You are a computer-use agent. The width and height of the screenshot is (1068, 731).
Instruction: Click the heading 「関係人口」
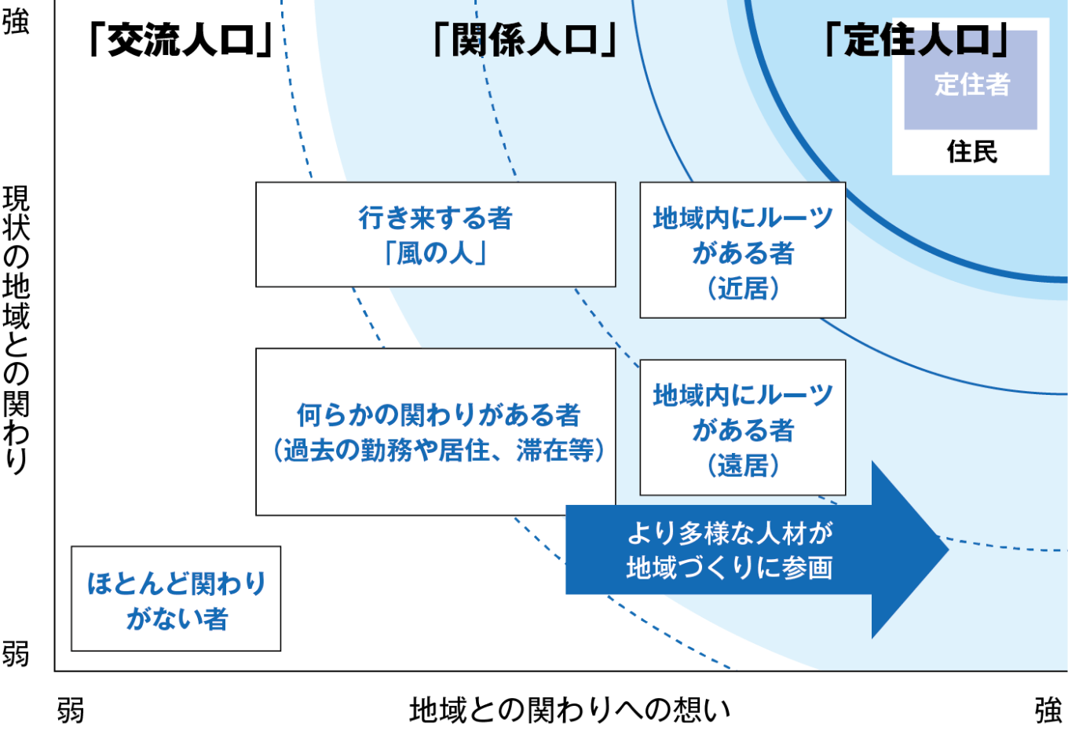(x=525, y=40)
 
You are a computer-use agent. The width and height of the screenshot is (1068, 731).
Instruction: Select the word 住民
(x=971, y=152)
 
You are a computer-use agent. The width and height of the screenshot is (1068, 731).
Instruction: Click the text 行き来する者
(x=435, y=217)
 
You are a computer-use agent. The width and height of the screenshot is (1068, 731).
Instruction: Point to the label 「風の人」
(x=435, y=254)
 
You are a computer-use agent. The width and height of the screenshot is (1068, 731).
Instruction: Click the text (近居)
(x=743, y=289)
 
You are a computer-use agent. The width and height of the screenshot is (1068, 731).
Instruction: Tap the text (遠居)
(x=743, y=466)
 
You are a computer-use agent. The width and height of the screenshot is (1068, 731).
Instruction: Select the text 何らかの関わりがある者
(x=437, y=415)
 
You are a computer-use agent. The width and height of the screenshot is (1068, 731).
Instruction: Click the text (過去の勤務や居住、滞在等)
(x=438, y=451)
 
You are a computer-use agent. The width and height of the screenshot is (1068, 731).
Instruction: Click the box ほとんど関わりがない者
(x=176, y=599)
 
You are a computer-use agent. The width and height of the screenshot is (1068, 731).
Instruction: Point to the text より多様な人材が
(x=730, y=533)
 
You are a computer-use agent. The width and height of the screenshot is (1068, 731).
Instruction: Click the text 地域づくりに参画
(x=730, y=568)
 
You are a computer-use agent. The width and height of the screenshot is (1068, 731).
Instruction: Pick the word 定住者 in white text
(x=971, y=84)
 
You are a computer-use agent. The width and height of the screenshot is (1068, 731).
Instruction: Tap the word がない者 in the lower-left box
(x=177, y=619)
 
